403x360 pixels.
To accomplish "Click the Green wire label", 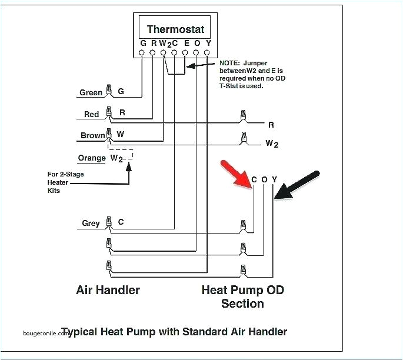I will pos(91,92).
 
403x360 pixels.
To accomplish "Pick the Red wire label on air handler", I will pos(91,114).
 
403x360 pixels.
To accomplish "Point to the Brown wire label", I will pos(92,135).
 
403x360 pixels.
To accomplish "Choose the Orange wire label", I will pos(92,158).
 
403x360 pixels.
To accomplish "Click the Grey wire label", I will pos(91,223).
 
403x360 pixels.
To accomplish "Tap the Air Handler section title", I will pos(108,290).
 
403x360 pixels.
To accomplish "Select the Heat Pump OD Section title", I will pos(242,296).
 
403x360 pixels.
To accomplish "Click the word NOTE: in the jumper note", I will pos(230,62).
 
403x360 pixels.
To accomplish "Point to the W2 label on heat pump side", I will pos(271,143).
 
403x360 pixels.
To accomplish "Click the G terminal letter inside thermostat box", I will pos(143,44).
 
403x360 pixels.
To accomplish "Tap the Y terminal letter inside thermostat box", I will pos(207,44).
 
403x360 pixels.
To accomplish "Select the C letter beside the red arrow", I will pos(254,180).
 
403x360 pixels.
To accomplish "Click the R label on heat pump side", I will pos(271,125).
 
